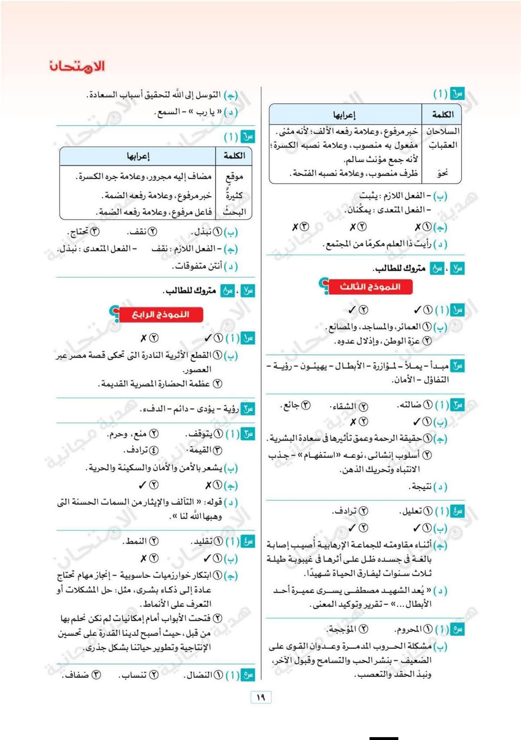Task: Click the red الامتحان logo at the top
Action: (x=77, y=66)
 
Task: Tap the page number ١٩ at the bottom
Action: (x=261, y=697)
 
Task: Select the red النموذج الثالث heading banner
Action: (x=370, y=287)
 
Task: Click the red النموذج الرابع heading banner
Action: (x=161, y=314)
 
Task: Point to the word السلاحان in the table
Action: (x=442, y=132)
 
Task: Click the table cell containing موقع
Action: (x=234, y=177)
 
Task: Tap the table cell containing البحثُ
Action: (x=234, y=212)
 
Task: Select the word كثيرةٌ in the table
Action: (x=234, y=195)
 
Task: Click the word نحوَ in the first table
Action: (x=442, y=173)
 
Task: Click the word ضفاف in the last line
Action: (x=77, y=675)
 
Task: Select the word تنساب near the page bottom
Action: (x=133, y=675)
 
